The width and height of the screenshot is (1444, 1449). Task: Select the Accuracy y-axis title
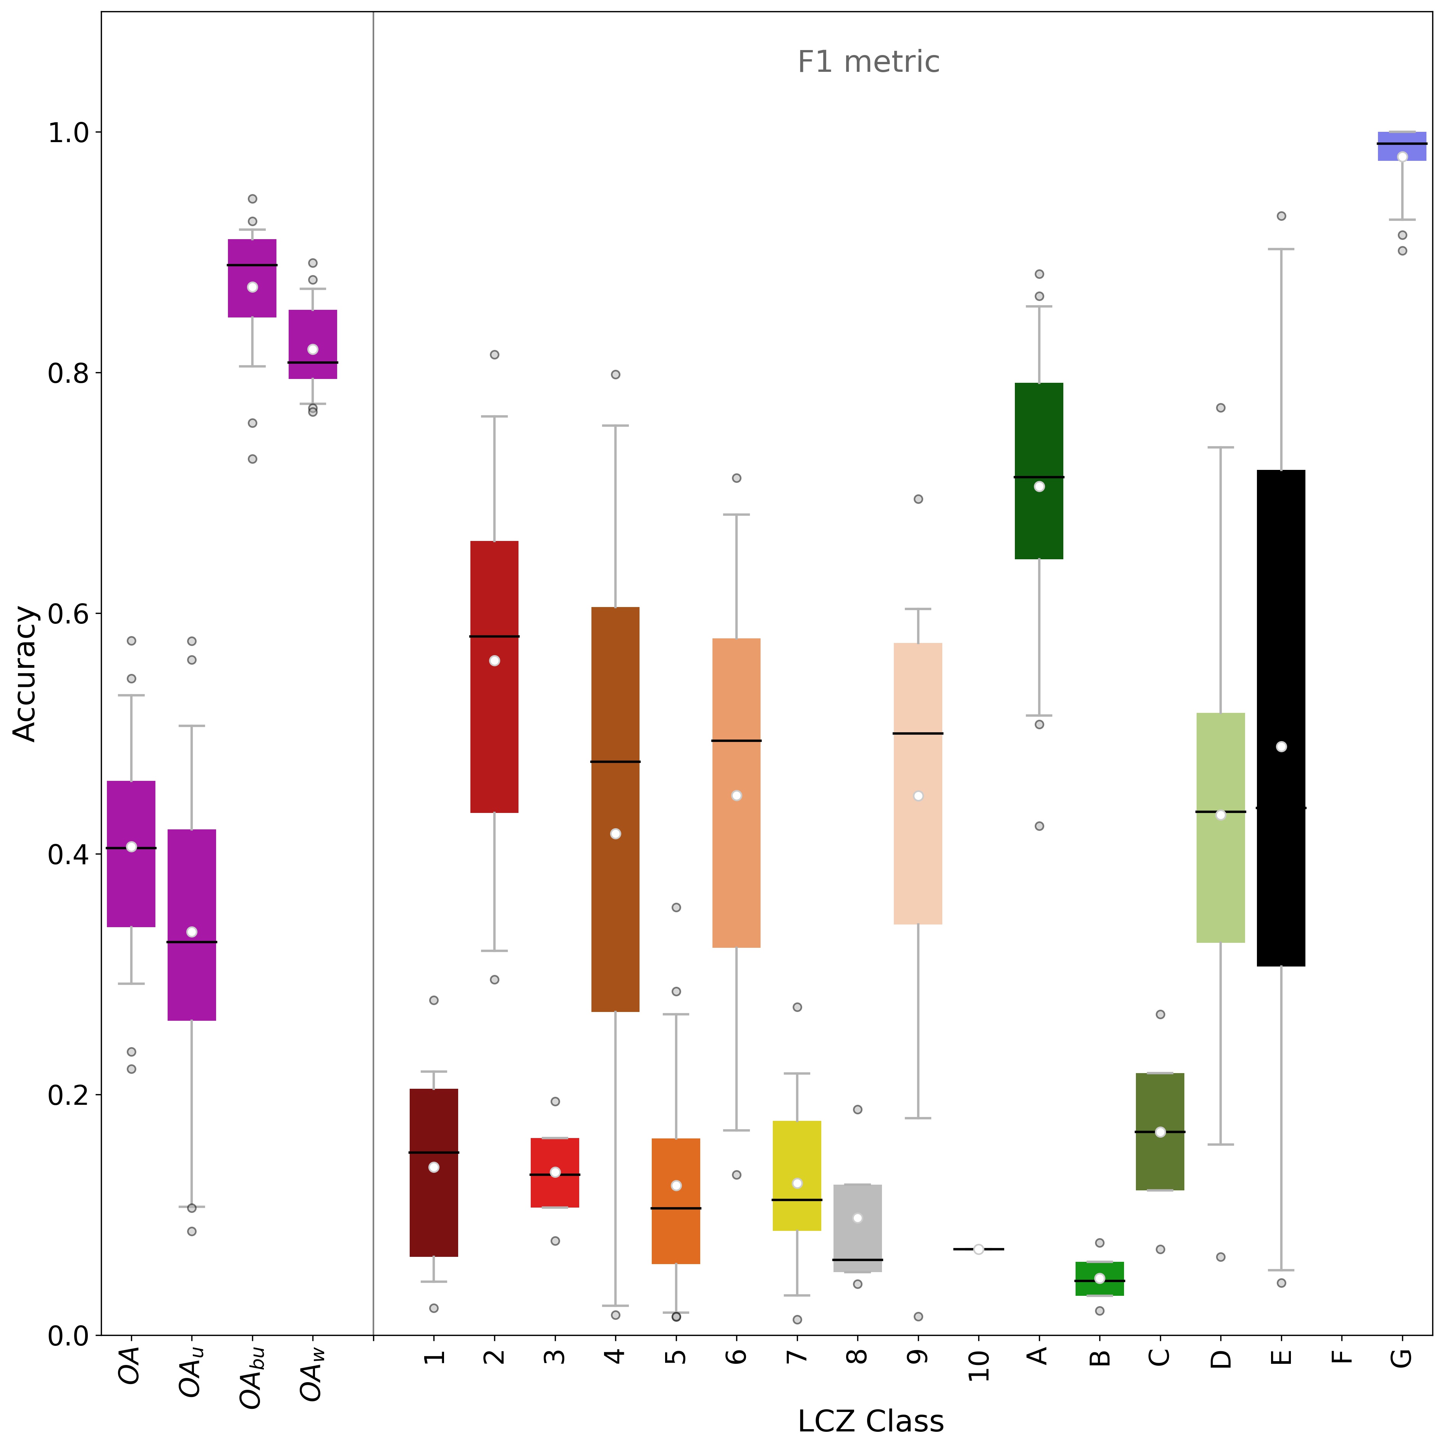pos(26,674)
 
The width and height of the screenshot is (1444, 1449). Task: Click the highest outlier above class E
pos(1281,216)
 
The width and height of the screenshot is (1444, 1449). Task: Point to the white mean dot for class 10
pos(979,1249)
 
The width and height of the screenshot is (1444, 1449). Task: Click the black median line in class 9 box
pos(918,733)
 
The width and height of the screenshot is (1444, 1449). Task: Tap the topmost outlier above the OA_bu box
pos(253,199)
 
